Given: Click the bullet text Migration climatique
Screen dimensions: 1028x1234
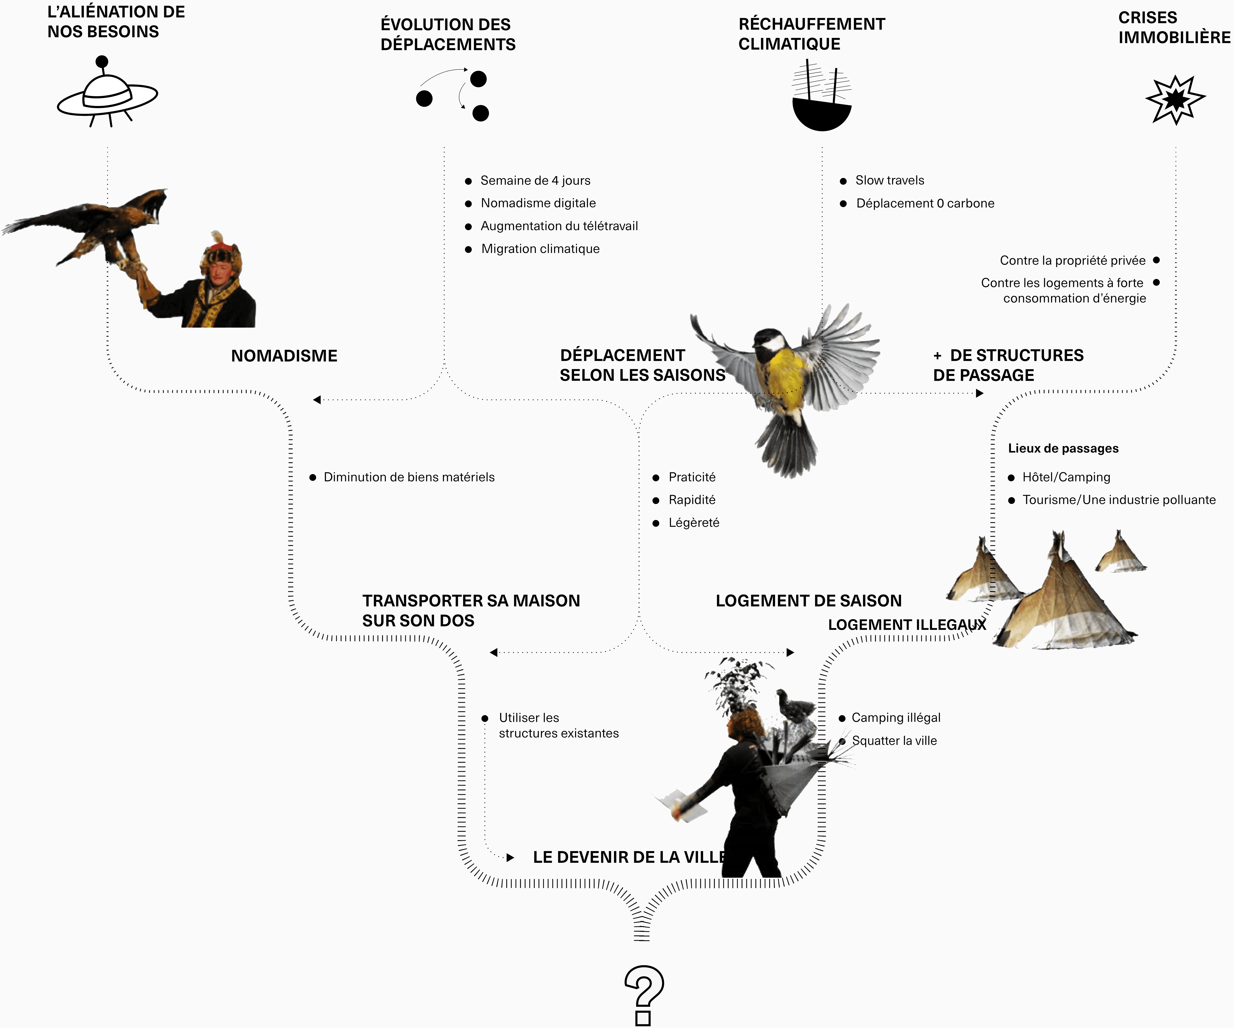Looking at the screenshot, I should pyautogui.click(x=540, y=249).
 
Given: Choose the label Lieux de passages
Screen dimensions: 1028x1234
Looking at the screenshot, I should pyautogui.click(x=1063, y=448).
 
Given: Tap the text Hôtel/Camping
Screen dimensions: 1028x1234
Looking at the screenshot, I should pyautogui.click(x=1066, y=477).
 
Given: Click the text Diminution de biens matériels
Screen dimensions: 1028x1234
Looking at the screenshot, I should pyautogui.click(x=409, y=477).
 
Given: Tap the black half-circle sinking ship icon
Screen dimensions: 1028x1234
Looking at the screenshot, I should pyautogui.click(x=821, y=115).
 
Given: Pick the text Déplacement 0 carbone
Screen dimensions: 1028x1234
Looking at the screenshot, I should pyautogui.click(x=925, y=203).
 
